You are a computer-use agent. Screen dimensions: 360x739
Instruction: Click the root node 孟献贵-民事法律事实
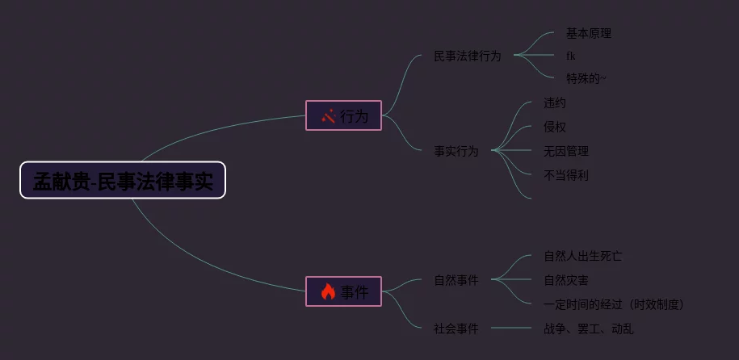123,181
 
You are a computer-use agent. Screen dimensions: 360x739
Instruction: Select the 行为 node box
343,115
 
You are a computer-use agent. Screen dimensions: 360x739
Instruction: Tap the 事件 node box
343,291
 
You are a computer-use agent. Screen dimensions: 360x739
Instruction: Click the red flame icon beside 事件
328,291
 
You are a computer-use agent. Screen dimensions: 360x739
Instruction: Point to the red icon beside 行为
328,115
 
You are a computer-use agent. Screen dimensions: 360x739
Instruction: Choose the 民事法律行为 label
467,56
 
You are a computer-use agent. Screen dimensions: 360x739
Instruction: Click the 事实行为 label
456,151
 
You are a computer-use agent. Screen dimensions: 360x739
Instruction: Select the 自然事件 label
456,280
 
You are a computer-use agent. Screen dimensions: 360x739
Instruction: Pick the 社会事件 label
456,329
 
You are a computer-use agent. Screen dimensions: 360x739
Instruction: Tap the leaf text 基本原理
588,33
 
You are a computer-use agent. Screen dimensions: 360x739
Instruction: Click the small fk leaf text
570,56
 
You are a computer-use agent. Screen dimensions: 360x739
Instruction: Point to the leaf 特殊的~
586,78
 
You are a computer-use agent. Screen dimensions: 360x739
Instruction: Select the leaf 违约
554,103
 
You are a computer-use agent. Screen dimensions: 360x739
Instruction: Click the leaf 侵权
554,127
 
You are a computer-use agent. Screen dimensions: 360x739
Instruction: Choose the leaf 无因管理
565,151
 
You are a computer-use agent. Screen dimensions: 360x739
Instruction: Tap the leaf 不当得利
565,175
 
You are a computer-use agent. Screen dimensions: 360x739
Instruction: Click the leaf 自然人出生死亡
582,256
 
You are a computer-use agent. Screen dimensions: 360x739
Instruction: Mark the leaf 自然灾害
565,280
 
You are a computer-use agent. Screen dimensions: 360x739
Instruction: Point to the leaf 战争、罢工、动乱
588,329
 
